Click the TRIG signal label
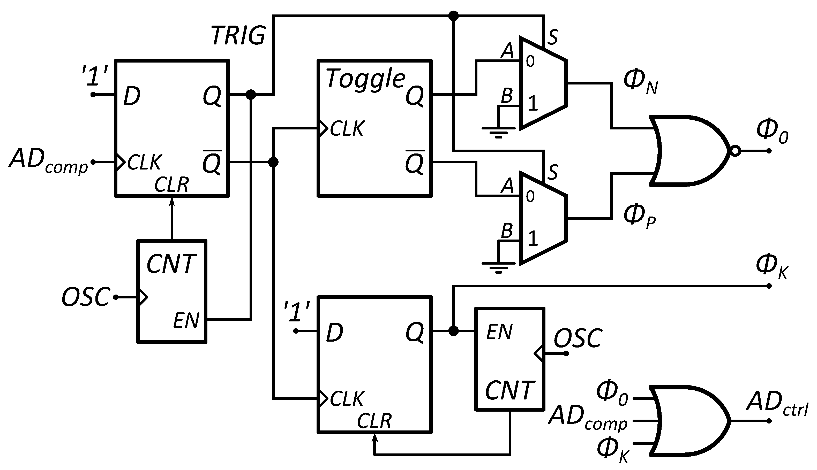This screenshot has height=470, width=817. [238, 35]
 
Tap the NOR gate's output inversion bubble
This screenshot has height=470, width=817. [735, 151]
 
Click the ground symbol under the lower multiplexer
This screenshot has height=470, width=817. [498, 267]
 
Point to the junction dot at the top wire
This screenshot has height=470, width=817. [454, 16]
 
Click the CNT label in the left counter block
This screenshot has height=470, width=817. [171, 264]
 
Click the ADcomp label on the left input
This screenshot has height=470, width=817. [48, 160]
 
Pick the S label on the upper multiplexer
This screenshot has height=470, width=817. [553, 37]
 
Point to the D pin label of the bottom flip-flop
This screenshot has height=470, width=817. [334, 333]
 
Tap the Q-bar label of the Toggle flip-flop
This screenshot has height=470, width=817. [415, 162]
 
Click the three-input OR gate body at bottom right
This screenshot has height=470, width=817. [688, 421]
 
